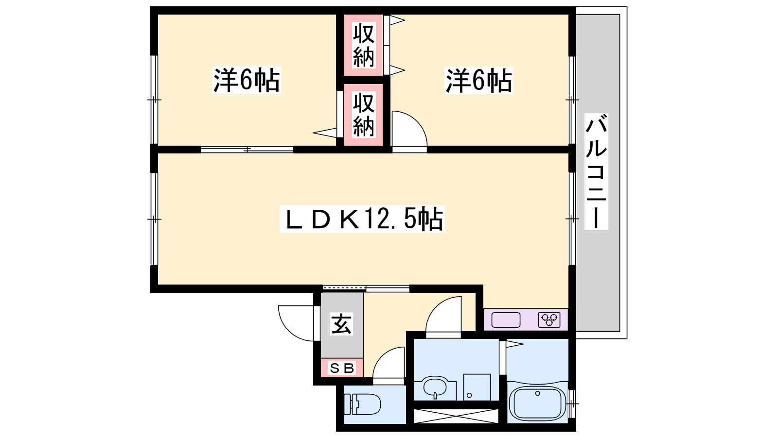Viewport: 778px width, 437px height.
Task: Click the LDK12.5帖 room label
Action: pyautogui.click(x=362, y=219)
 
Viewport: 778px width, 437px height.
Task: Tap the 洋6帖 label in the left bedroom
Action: pyautogui.click(x=246, y=80)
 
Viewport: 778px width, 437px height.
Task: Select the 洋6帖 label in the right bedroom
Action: pyautogui.click(x=478, y=81)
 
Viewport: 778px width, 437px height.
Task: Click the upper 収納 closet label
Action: pyautogui.click(x=363, y=45)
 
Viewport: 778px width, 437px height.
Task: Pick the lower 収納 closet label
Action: pyautogui.click(x=363, y=115)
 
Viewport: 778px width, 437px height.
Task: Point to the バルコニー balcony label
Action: pyautogui.click(x=596, y=171)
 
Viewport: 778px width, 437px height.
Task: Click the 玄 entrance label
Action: pyautogui.click(x=341, y=324)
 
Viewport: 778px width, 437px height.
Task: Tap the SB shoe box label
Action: pyautogui.click(x=342, y=368)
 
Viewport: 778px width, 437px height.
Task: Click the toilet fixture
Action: pyautogui.click(x=362, y=404)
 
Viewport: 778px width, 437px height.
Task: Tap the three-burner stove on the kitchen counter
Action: pyautogui.click(x=549, y=320)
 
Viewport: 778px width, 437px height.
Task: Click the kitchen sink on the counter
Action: pyautogui.click(x=506, y=320)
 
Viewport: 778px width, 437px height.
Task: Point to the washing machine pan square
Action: pyautogui.click(x=477, y=387)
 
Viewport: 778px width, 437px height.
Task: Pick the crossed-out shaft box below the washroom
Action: pyautogui.click(x=456, y=416)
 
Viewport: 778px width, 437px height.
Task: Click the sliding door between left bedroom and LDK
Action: pyautogui.click(x=247, y=150)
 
